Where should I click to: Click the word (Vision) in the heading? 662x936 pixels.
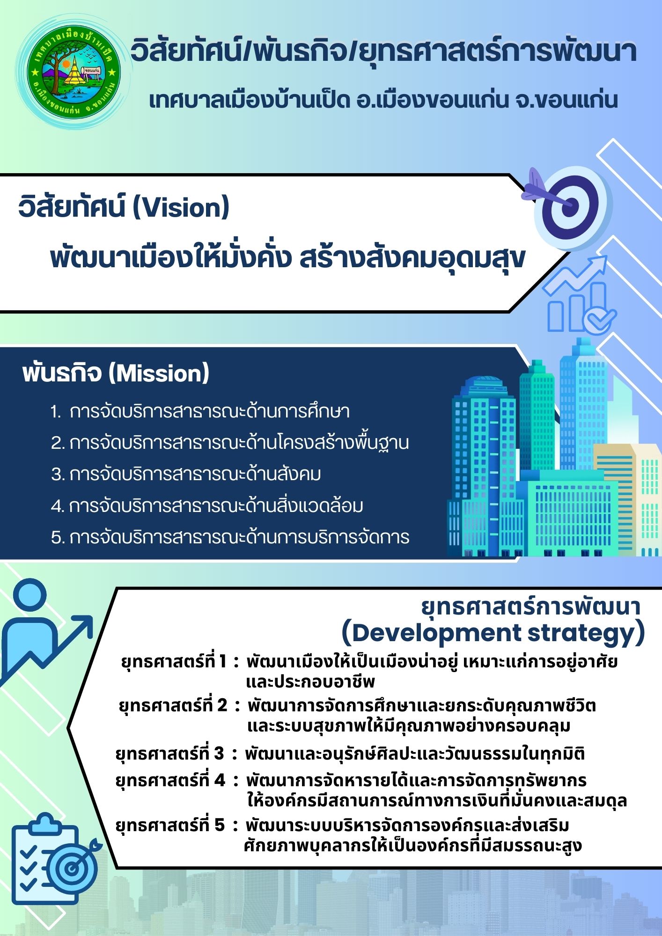(x=181, y=208)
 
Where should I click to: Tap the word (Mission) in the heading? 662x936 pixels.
(x=159, y=373)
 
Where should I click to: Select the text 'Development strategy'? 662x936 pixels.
(x=493, y=633)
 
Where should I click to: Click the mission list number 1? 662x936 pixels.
(x=56, y=412)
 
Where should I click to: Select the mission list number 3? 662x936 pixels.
(x=58, y=475)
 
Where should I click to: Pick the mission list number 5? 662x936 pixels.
(x=58, y=538)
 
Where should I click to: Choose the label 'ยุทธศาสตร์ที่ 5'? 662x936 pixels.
(x=170, y=825)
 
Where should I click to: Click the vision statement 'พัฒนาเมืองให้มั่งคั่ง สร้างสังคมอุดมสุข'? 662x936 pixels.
(x=288, y=258)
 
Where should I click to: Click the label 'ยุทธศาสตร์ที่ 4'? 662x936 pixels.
(x=170, y=780)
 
